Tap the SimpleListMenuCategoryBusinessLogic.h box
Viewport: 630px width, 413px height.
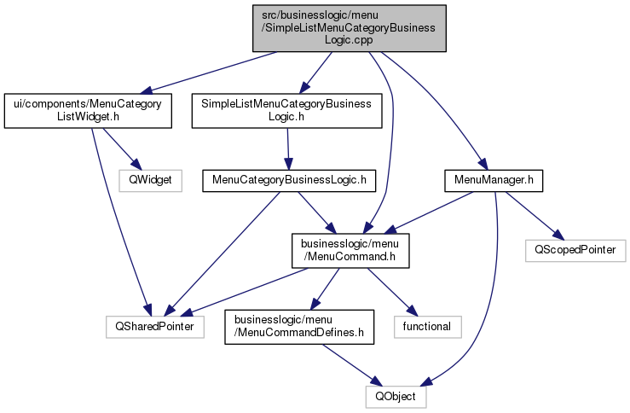[x=286, y=110]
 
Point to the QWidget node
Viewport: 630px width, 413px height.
[x=150, y=180]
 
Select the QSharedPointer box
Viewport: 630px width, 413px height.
[x=154, y=326]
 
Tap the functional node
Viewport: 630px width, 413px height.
[x=427, y=326]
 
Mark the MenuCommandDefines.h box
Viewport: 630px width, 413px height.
[x=298, y=326]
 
